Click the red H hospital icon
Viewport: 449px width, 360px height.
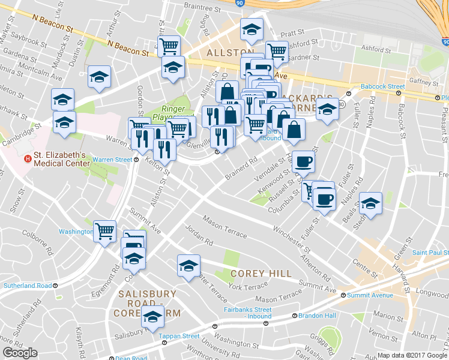click(26, 158)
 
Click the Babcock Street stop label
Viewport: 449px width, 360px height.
click(383, 86)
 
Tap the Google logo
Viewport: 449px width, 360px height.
click(20, 353)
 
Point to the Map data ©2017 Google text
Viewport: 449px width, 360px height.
click(412, 355)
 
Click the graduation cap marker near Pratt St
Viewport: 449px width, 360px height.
click(252, 29)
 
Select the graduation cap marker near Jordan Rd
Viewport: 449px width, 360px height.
click(188, 265)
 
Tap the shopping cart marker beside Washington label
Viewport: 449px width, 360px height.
click(104, 230)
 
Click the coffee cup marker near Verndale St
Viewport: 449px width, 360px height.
click(304, 161)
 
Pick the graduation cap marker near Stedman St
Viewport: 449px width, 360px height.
click(370, 203)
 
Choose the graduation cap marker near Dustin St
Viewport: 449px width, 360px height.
click(99, 76)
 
